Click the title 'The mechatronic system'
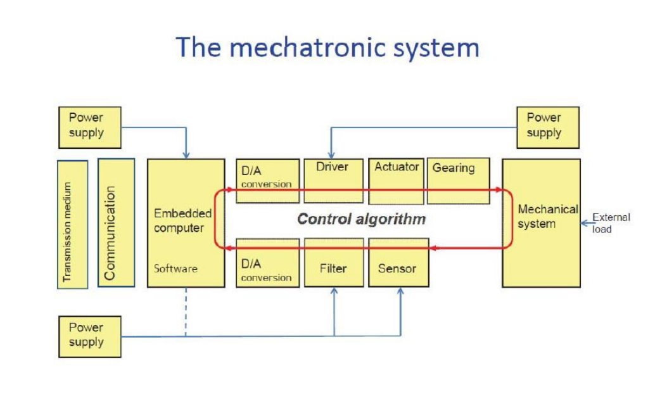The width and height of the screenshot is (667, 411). [327, 48]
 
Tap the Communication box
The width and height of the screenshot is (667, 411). [116, 223]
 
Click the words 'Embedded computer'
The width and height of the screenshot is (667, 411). [182, 221]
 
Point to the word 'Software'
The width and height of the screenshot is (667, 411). [175, 269]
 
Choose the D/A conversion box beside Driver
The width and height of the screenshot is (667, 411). [267, 180]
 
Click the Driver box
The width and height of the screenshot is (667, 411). [333, 180]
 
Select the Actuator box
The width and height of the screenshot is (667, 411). [397, 180]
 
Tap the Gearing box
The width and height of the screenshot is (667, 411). [457, 180]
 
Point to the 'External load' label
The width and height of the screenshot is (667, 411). [611, 223]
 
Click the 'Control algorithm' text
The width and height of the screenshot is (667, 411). [361, 220]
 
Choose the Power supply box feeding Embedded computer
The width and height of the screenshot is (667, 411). [89, 126]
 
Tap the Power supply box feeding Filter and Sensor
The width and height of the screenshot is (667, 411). [89, 336]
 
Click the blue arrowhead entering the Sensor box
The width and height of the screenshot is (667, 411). [400, 292]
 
